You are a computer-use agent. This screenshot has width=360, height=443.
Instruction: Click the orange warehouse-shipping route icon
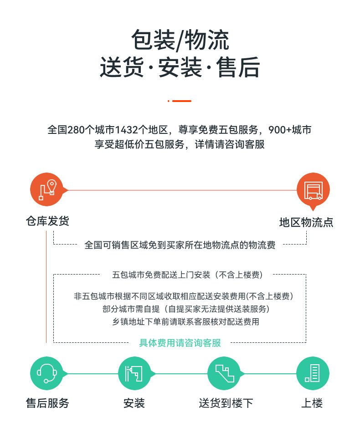(46, 189)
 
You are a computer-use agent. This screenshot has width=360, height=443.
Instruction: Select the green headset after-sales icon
(46, 373)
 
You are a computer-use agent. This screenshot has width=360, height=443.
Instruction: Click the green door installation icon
(134, 373)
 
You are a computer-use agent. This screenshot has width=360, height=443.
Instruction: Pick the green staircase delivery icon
(224, 373)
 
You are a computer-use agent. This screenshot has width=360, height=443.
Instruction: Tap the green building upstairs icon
(313, 373)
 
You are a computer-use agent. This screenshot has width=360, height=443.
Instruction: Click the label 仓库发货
(47, 221)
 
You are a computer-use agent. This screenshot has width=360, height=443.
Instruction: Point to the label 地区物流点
(306, 222)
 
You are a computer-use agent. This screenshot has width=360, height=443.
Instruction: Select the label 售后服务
(47, 403)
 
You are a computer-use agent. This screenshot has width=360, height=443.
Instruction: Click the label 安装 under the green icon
(134, 403)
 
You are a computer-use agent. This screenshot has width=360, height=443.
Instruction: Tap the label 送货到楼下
(226, 403)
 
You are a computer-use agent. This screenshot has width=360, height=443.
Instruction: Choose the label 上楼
(312, 403)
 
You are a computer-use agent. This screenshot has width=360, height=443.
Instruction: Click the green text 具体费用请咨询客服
(180, 343)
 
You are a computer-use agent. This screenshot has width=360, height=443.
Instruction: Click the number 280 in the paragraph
(76, 130)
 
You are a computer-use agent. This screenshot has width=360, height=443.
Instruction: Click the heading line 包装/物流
(180, 40)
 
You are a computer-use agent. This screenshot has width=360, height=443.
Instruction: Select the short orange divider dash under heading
(181, 101)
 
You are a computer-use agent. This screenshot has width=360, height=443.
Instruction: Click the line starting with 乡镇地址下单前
(186, 321)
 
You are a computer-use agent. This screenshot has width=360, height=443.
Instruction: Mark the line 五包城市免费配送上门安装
(161, 275)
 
